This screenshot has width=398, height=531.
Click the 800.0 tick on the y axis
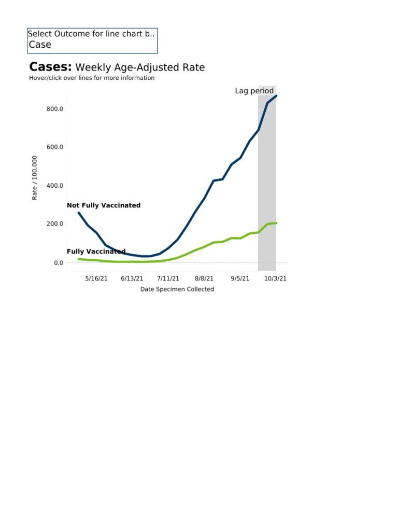pyautogui.click(x=54, y=109)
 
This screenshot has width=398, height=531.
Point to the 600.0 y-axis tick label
pyautogui.click(x=54, y=147)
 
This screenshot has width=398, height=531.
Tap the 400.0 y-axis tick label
pyautogui.click(x=54, y=186)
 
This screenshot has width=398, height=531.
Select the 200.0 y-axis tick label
pyautogui.click(x=54, y=224)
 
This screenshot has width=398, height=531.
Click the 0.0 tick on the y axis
pyautogui.click(x=58, y=263)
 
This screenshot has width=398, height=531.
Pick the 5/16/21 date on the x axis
pyautogui.click(x=96, y=278)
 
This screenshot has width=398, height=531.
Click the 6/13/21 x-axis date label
pyautogui.click(x=132, y=278)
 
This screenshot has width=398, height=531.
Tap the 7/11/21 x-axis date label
pyautogui.click(x=168, y=278)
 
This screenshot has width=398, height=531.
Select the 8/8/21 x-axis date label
pyautogui.click(x=204, y=278)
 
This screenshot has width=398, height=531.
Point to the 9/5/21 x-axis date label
pyautogui.click(x=239, y=278)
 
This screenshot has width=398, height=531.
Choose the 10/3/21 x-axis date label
pyautogui.click(x=275, y=278)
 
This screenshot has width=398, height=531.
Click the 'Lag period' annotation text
pyautogui.click(x=254, y=91)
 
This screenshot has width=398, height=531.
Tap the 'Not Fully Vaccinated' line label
pyautogui.click(x=104, y=205)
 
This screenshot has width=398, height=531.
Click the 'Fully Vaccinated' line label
pyautogui.click(x=96, y=251)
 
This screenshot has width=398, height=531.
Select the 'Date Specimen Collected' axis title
pyautogui.click(x=177, y=289)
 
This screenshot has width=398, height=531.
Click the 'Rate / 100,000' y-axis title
pyautogui.click(x=35, y=178)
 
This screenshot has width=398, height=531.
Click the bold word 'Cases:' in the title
pyautogui.click(x=51, y=67)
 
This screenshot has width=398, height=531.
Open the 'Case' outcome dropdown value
pyautogui.click(x=40, y=45)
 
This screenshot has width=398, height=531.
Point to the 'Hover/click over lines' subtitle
pyautogui.click(x=92, y=78)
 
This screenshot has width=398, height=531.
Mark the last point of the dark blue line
pyautogui.click(x=276, y=95)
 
